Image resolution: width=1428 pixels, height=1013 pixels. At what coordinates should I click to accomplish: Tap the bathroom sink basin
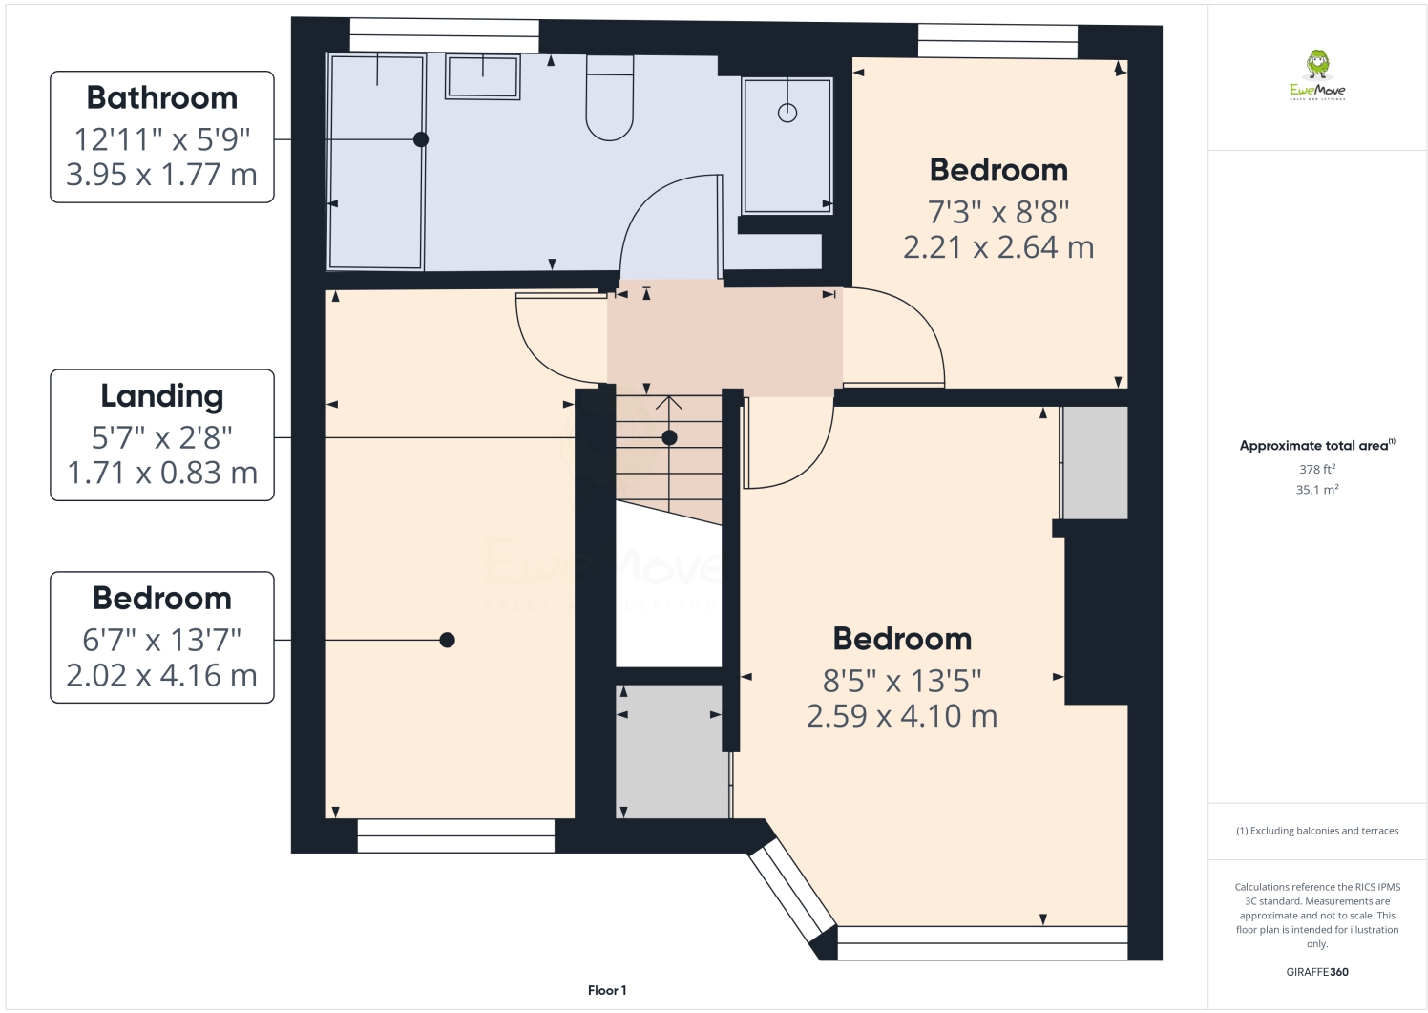(483, 76)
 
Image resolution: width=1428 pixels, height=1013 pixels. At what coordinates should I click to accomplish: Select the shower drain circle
(787, 113)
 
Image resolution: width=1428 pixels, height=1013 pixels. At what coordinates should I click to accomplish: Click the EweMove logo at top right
(1317, 76)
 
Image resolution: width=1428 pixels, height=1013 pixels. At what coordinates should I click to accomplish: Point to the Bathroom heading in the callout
(162, 97)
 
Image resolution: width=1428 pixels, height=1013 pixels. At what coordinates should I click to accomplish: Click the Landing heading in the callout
(162, 395)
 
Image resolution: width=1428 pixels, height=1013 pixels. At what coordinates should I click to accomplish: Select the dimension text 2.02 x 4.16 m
(162, 675)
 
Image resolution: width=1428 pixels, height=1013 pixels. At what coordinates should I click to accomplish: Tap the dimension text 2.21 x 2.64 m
(998, 247)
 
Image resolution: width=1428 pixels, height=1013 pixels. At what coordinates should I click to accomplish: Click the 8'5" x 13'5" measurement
(902, 681)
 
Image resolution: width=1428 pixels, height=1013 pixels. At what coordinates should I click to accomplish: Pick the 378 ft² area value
(1317, 469)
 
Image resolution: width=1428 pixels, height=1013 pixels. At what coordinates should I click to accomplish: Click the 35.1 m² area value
(1317, 490)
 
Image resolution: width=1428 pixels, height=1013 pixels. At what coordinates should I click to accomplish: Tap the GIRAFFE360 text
(1317, 972)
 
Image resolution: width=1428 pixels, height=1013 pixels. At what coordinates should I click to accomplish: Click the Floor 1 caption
(607, 990)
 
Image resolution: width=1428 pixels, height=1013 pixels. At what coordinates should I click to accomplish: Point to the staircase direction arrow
(668, 405)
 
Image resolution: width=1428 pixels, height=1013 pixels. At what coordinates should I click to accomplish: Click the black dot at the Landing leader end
(669, 437)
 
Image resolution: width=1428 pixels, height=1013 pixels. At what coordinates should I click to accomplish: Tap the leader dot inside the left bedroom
(447, 640)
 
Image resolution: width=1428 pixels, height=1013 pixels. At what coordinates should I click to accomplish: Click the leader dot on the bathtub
(420, 139)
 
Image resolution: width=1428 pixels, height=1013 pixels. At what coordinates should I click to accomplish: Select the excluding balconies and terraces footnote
(1317, 831)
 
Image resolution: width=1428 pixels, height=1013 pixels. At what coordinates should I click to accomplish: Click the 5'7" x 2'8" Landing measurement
(162, 437)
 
